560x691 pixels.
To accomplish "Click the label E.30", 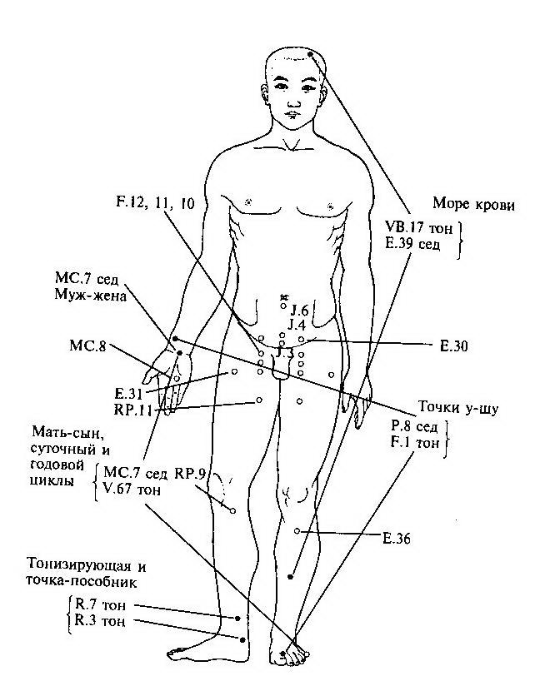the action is tap(453, 346).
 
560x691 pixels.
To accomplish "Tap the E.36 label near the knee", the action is tap(397, 538).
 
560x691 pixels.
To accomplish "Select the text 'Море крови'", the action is tap(473, 204).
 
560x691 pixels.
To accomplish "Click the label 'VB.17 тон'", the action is tap(419, 228).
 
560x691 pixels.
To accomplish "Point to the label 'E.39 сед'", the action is tap(412, 244).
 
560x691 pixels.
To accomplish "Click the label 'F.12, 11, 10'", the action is tap(155, 203).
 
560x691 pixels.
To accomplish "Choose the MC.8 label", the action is tap(87, 345).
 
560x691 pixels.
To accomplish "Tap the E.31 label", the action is tap(128, 393).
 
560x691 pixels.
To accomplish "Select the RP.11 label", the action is tap(132, 410).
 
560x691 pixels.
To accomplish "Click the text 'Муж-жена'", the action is tap(90, 296).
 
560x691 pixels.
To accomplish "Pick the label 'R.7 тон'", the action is tap(101, 604).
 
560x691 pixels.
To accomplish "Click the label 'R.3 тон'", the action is tap(100, 621).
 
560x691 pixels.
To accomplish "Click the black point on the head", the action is tap(311, 54).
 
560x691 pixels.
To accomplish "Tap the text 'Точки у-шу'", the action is tap(458, 408).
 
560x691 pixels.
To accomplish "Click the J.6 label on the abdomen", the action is tap(299, 311).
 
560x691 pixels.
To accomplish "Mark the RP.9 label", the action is tap(190, 474).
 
